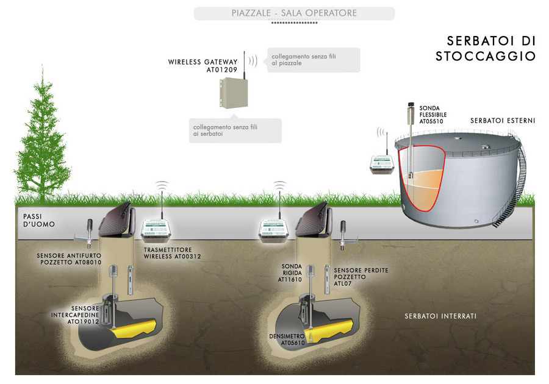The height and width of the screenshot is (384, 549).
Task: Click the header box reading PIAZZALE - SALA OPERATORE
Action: pos(294,13)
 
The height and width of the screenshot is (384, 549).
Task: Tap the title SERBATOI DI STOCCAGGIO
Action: pos(491,49)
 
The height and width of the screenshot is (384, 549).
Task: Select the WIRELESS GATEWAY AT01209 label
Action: pos(203,66)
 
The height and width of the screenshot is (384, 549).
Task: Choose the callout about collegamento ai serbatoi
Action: pos(235,130)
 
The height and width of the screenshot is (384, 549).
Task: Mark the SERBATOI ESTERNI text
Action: pos(503,121)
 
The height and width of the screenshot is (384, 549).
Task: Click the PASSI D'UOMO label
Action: pos(39,220)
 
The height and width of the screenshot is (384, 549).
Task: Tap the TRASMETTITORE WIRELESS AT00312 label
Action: pos(172,254)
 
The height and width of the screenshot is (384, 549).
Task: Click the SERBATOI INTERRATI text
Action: pos(440,316)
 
